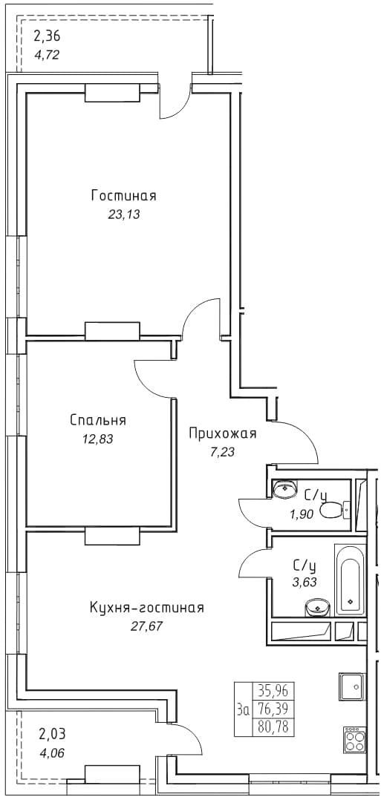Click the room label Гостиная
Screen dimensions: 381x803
pyautogui.click(x=123, y=196)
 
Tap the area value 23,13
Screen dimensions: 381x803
pyautogui.click(x=123, y=214)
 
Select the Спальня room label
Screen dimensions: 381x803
pyautogui.click(x=98, y=421)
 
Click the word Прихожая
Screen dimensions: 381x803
pyautogui.click(x=222, y=433)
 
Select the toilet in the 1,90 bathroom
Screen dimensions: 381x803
pyautogui.click(x=334, y=510)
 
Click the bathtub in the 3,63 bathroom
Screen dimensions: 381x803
pyautogui.click(x=350, y=581)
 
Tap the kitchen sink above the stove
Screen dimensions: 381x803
pyautogui.click(x=351, y=686)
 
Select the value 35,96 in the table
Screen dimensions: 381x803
pyautogui.click(x=274, y=692)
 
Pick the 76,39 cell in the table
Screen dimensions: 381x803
pyautogui.click(x=274, y=709)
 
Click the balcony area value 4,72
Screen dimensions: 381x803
pyautogui.click(x=47, y=53)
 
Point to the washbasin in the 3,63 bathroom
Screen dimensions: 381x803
pyautogui.click(x=318, y=608)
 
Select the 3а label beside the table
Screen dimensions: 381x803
pyautogui.click(x=244, y=709)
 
